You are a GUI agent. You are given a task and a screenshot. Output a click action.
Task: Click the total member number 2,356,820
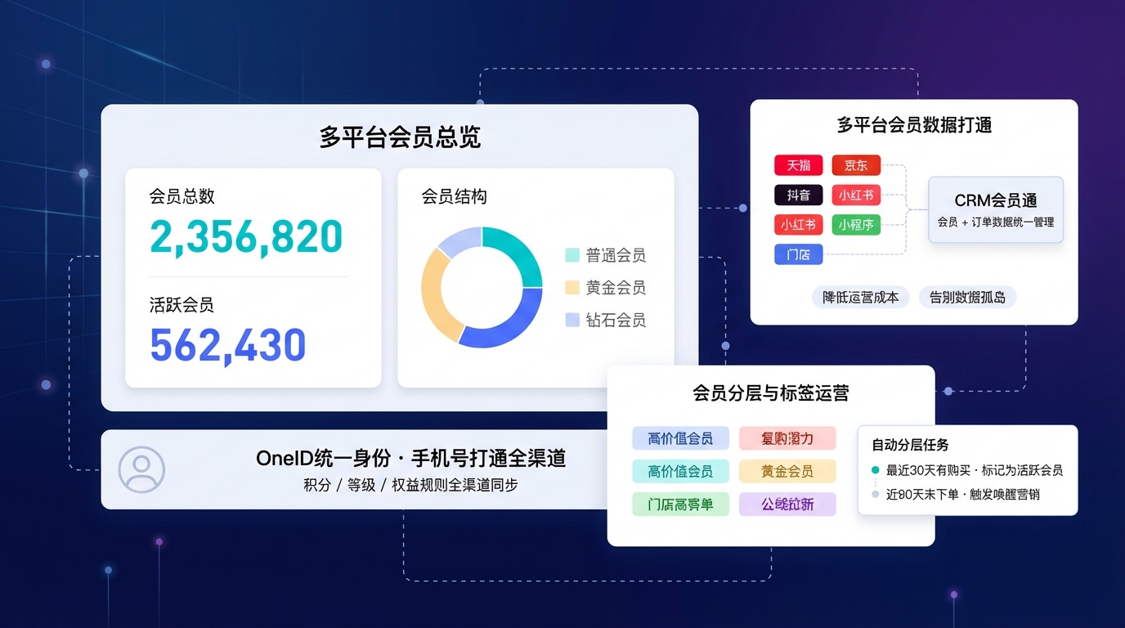coord(246,236)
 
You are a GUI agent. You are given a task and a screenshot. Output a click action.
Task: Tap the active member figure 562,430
coord(227,345)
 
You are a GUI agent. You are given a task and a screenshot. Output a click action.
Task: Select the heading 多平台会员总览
coord(400,137)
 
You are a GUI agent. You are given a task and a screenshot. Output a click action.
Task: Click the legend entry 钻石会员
coord(606,320)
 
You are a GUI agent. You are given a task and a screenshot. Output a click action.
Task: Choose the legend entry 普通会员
coord(606,255)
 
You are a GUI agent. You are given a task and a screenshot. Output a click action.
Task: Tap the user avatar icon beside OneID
coord(141,469)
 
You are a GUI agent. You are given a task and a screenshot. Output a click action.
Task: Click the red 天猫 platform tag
coord(798,164)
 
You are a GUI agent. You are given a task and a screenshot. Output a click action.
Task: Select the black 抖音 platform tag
coord(798,195)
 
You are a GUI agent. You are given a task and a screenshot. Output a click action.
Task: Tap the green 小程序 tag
coord(856,224)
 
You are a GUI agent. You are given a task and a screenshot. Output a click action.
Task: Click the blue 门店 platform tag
coord(798,254)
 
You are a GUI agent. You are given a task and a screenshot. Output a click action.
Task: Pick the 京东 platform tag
coord(856,164)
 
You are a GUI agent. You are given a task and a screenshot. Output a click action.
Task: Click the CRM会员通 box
coord(995,209)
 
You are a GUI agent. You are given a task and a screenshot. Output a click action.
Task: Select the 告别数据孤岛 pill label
coord(967,297)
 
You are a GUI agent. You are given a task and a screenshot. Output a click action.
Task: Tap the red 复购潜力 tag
coord(787,438)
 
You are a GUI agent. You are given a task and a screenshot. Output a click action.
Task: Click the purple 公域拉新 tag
coord(787,504)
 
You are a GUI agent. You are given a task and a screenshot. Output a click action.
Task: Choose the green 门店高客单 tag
coord(680,504)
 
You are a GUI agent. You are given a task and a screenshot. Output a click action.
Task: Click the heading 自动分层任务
coord(910,445)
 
